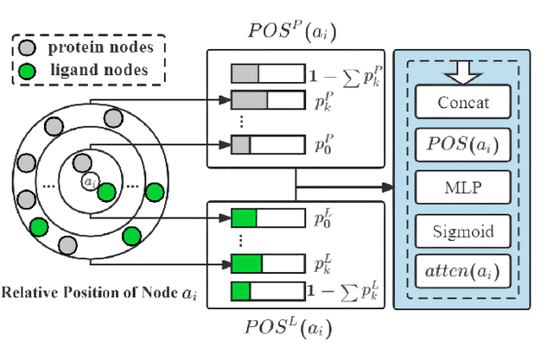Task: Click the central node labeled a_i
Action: [91, 182]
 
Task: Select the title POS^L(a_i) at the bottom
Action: [291, 328]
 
